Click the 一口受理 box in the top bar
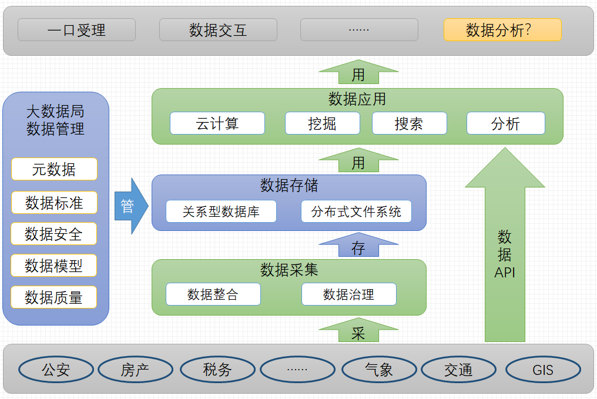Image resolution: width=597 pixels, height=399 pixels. (x=76, y=30)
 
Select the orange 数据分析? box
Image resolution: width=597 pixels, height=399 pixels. (x=502, y=30)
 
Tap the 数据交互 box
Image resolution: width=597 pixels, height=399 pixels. (x=218, y=30)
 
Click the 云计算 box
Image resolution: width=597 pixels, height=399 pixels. (x=217, y=123)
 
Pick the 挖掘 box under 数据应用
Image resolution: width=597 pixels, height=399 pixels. (x=323, y=123)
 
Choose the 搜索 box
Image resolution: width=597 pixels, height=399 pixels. (x=409, y=123)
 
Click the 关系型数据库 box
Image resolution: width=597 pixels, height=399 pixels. (x=221, y=212)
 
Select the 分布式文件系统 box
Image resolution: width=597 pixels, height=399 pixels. (x=356, y=212)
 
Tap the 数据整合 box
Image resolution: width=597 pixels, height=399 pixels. (x=213, y=294)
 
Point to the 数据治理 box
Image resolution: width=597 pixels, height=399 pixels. (x=348, y=294)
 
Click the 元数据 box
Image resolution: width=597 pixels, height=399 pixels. (x=54, y=169)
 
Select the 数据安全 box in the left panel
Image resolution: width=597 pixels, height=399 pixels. (x=54, y=234)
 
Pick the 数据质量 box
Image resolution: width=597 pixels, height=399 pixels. (x=54, y=297)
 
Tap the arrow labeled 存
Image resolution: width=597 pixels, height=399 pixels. (x=358, y=246)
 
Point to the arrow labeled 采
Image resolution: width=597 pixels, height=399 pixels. (x=358, y=331)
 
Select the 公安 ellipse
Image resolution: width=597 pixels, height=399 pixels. (x=56, y=370)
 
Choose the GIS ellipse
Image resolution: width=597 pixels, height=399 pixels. (x=543, y=370)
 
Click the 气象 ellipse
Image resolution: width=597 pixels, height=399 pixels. (x=379, y=370)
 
